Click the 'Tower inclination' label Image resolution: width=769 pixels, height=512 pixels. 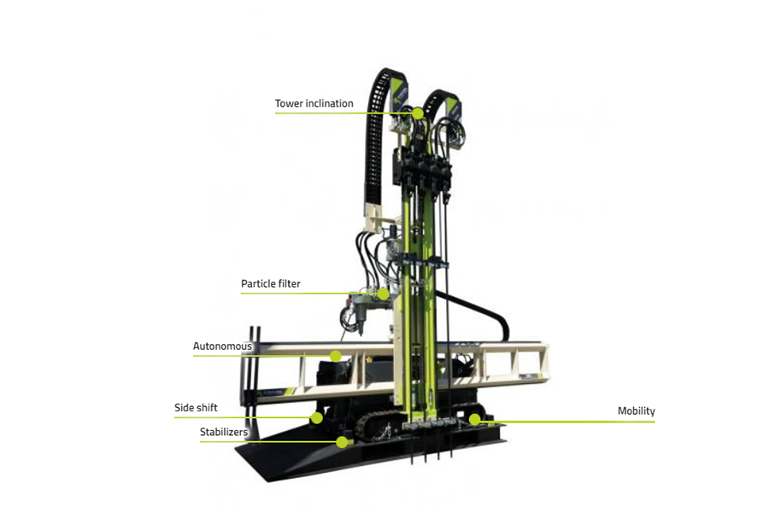[x=314, y=104]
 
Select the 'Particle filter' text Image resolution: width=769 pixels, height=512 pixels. [x=270, y=284]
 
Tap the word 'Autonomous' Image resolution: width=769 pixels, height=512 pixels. [x=222, y=346]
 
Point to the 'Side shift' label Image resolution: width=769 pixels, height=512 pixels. [x=196, y=408]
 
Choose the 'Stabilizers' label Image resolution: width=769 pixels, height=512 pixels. [x=224, y=433]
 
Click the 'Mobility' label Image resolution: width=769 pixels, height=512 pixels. [x=636, y=411]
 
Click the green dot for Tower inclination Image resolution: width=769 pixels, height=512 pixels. [x=418, y=113]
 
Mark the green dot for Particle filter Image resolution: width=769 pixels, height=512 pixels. [x=384, y=294]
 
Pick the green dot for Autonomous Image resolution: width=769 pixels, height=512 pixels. [x=336, y=355]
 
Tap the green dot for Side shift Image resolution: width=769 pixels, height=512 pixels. [x=317, y=418]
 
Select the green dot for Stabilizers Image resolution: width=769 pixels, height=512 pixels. [x=342, y=442]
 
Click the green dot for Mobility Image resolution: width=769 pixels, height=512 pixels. [x=474, y=419]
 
